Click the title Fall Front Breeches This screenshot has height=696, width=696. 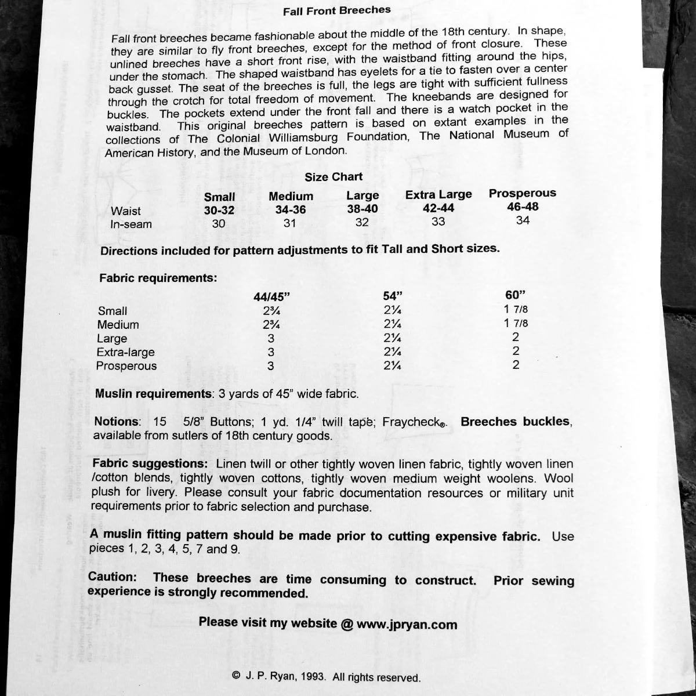click(336, 10)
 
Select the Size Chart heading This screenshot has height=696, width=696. click(333, 176)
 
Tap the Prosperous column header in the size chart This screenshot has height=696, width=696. click(522, 193)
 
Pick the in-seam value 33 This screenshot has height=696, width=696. click(438, 222)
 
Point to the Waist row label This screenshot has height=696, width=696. click(125, 211)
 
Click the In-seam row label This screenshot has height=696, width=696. click(131, 224)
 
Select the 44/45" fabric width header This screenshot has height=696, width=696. click(271, 296)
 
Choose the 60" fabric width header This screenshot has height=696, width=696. click(516, 293)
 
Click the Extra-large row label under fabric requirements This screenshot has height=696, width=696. click(125, 352)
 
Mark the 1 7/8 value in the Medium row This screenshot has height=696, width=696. click(516, 323)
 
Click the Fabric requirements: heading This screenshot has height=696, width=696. click(158, 278)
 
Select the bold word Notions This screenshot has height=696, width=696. click(117, 422)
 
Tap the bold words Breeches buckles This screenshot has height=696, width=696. click(516, 422)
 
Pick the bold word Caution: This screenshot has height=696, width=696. click(113, 578)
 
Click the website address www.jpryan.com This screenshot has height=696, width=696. click(407, 624)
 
